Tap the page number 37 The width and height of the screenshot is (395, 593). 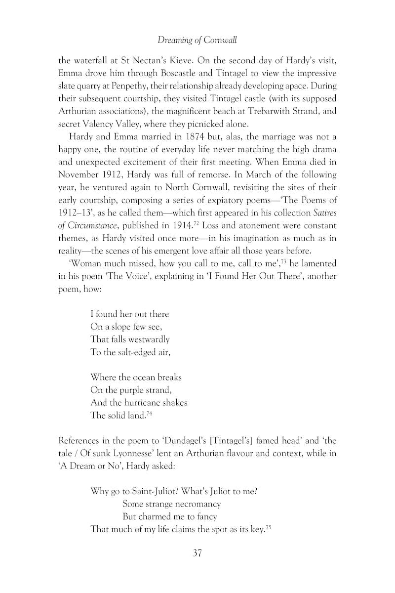point(197,552)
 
